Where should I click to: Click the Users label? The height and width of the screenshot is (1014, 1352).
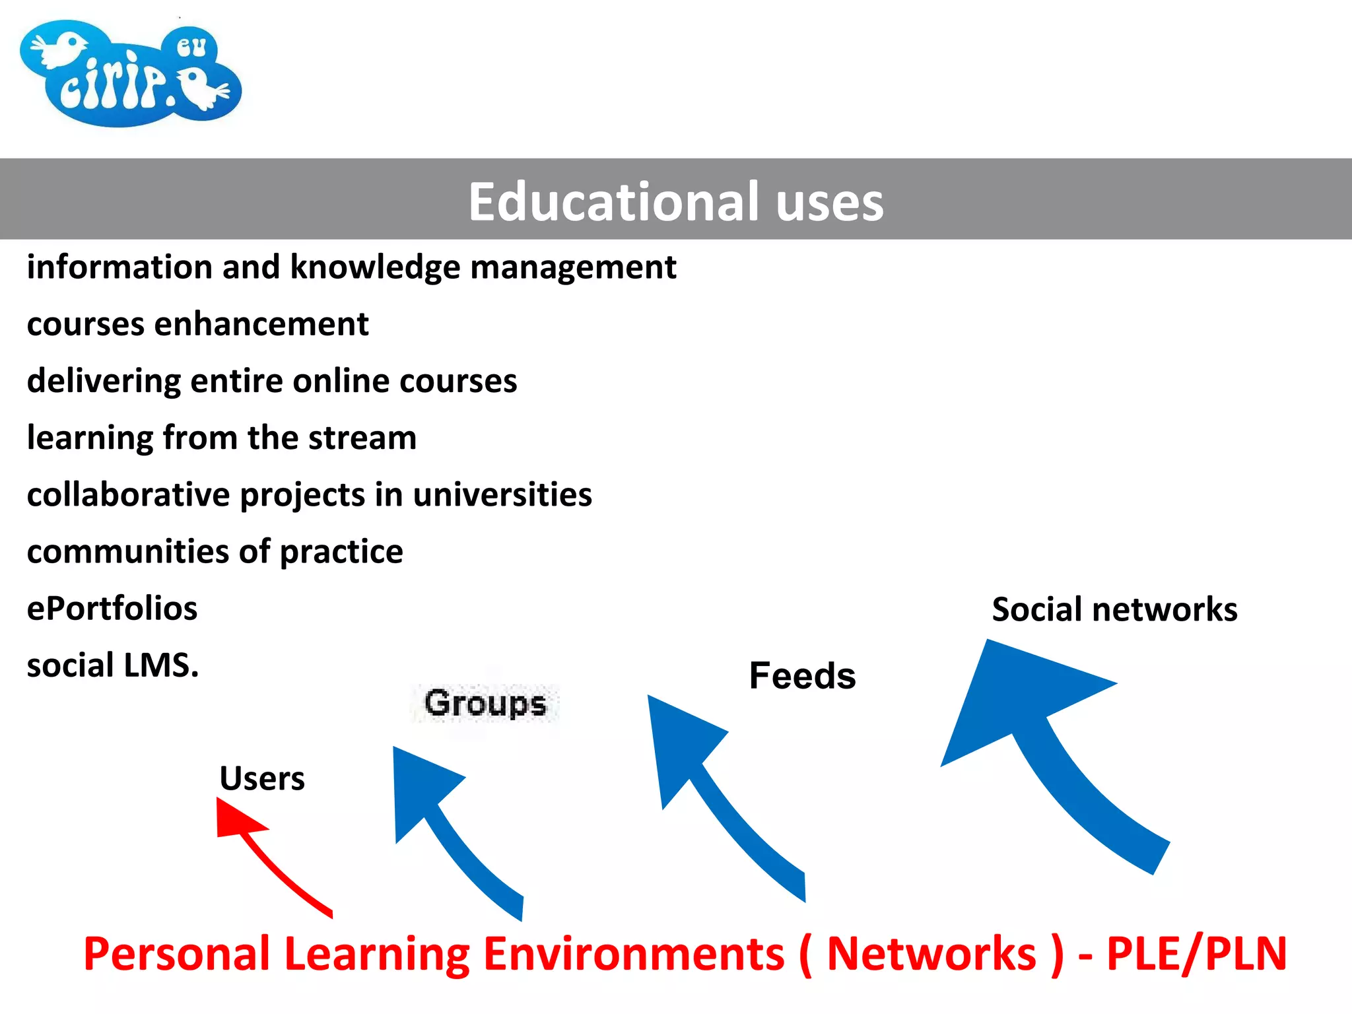coord(262,778)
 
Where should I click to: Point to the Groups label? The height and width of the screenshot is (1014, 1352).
coord(485,703)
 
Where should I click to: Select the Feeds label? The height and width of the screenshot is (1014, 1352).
coord(802,676)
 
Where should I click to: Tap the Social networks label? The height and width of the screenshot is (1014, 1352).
coord(1114,609)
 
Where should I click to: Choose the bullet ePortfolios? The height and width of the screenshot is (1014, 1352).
coord(112,608)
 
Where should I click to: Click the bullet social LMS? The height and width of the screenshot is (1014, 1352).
coord(113,665)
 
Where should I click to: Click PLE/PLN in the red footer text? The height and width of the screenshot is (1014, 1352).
coord(1196,954)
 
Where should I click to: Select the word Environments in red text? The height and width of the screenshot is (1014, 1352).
coord(634,954)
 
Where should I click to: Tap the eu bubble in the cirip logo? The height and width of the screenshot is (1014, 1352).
coord(191,47)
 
